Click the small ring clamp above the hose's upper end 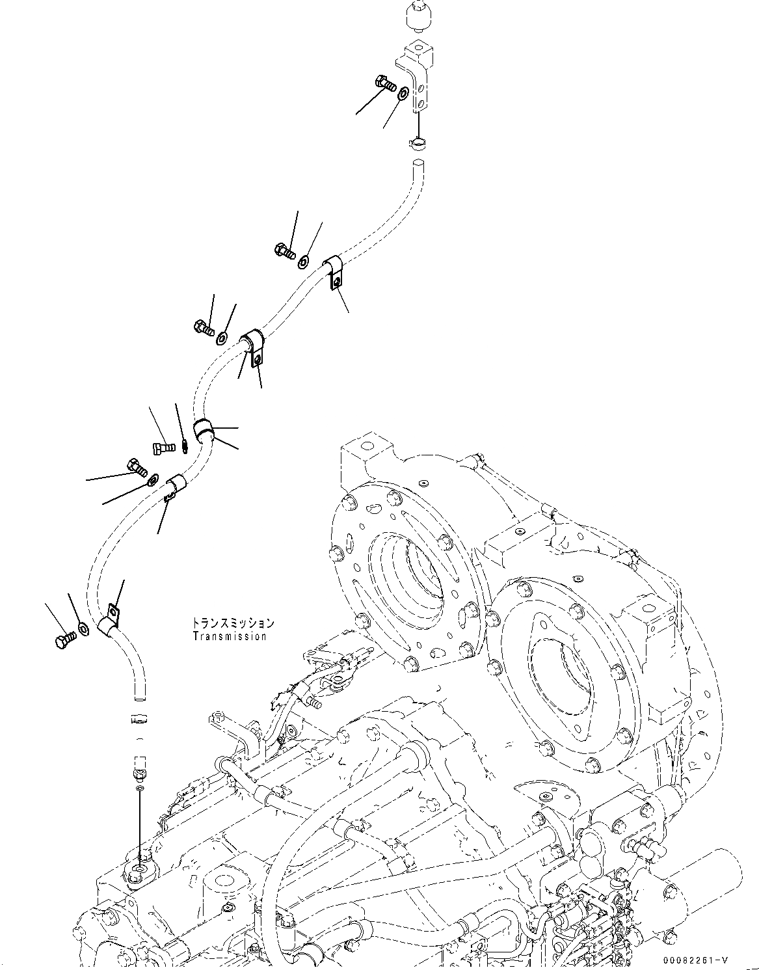tap(416, 139)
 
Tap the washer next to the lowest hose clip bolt tap(84, 628)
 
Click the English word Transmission tap(230, 636)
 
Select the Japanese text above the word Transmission tap(233, 623)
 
